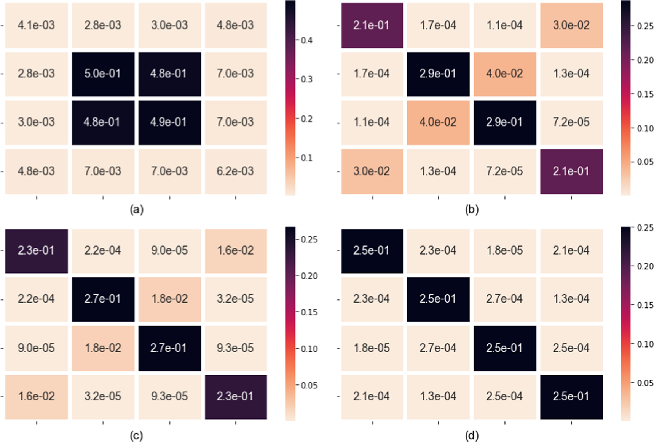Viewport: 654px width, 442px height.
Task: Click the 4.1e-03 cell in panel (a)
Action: (36, 25)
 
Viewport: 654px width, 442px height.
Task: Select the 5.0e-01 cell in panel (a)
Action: (103, 74)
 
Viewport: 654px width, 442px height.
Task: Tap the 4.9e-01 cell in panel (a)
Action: (169, 122)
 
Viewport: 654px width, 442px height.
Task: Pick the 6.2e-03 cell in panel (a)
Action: (236, 171)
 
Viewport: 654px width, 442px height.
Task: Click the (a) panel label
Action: (136, 209)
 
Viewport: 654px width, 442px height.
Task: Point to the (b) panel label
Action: (472, 209)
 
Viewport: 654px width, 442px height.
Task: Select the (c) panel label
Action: (136, 435)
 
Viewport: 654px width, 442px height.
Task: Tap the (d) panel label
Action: (472, 435)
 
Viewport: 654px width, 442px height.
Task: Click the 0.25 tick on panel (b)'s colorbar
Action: (645, 26)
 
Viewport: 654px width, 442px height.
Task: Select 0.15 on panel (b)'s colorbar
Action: (645, 94)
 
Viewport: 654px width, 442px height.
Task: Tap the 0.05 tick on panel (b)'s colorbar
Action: (645, 162)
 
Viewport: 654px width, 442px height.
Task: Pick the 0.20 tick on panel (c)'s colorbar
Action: (309, 276)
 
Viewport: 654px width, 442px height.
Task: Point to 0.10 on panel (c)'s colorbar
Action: (309, 349)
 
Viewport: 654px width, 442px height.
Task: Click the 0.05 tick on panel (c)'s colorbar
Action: (309, 385)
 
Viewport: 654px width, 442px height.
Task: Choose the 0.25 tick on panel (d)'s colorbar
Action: (645, 227)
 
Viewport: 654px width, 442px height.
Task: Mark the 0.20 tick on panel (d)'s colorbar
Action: (645, 266)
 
